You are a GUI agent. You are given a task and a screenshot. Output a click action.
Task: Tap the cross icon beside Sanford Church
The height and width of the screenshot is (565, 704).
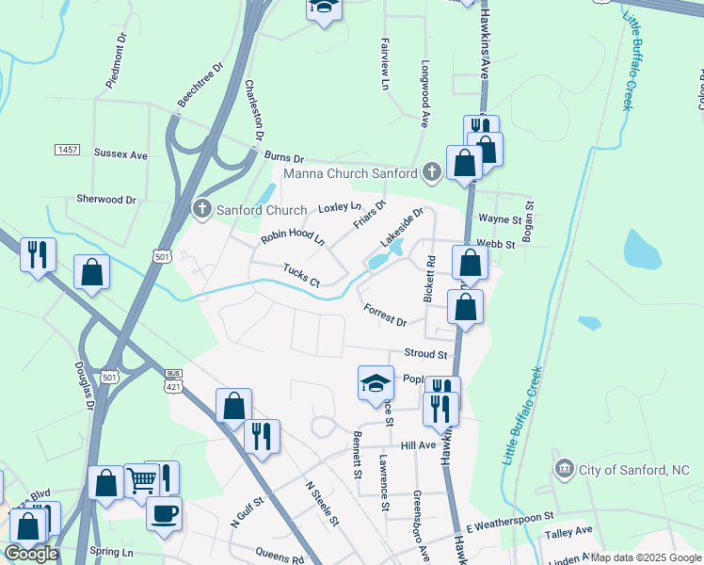(200, 209)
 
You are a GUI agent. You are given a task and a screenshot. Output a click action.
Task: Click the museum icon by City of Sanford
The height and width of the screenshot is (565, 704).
(565, 468)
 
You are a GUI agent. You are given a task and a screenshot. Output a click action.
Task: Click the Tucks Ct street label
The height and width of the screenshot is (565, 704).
(302, 276)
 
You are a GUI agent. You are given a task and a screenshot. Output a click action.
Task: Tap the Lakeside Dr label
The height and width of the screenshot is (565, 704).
(402, 228)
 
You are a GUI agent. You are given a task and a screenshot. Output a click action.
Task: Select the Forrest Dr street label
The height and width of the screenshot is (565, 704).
(384, 315)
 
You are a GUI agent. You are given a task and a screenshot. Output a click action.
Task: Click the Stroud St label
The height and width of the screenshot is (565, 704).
(425, 354)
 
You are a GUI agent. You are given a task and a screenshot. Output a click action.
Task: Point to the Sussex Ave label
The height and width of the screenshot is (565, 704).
(120, 153)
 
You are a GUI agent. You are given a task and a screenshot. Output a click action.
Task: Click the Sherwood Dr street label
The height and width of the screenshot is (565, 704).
(106, 200)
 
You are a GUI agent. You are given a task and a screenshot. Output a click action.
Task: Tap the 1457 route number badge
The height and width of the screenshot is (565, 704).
(67, 151)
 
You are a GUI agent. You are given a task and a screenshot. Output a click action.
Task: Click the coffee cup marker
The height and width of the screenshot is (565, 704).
(165, 514)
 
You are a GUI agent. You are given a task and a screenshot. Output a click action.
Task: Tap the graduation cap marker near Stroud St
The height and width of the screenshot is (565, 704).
(376, 382)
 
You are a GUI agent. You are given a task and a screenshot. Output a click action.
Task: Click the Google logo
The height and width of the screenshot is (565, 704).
(31, 554)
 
